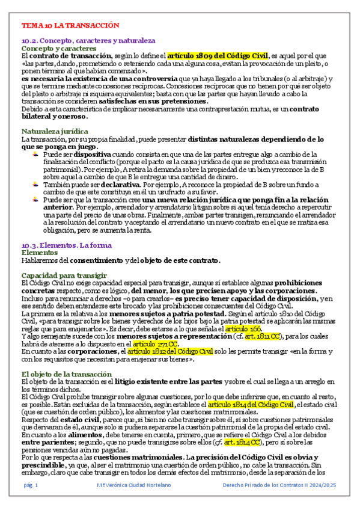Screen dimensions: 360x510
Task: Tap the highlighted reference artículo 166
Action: (243, 330)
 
